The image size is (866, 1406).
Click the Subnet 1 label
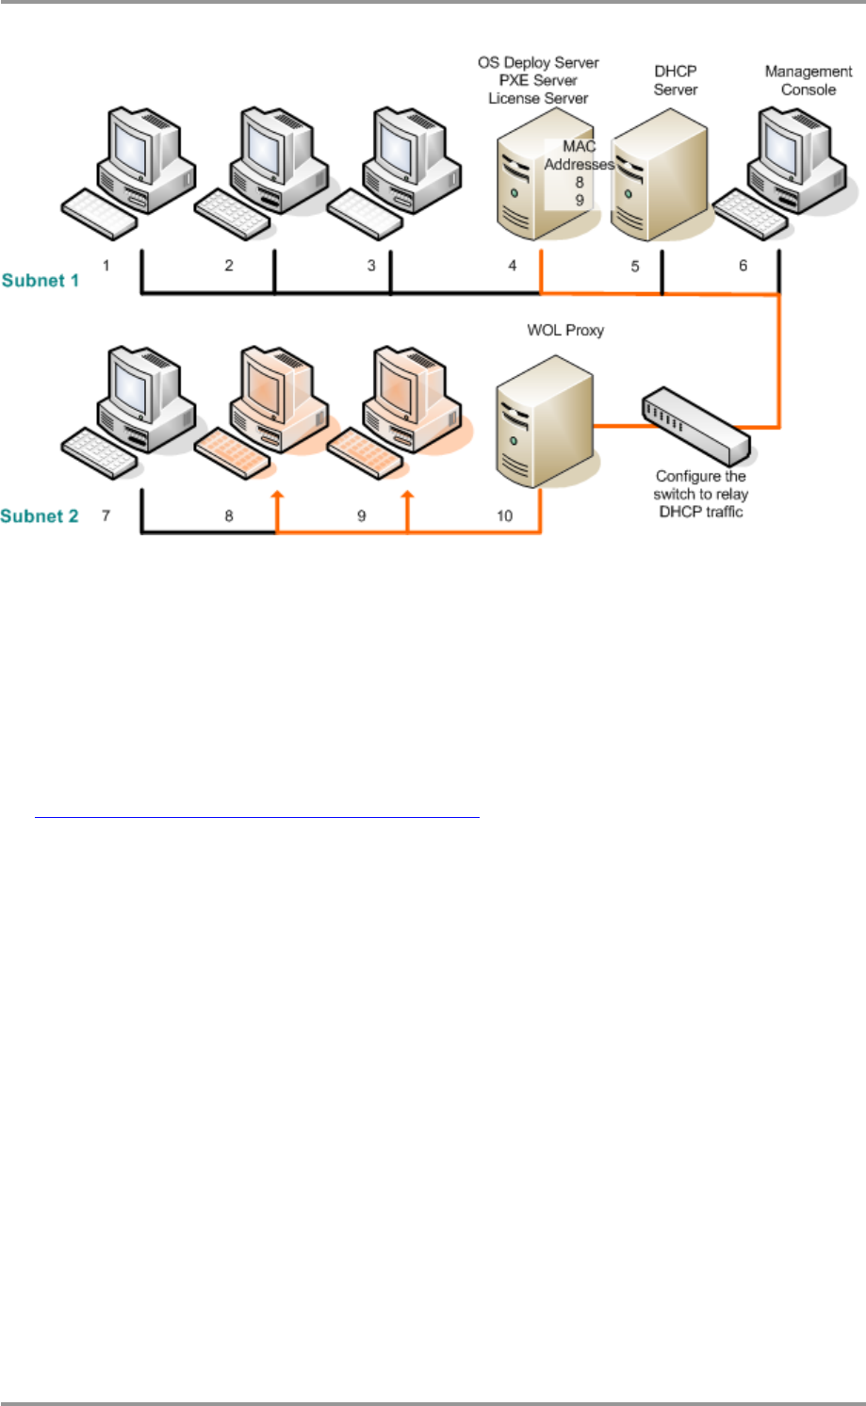(41, 280)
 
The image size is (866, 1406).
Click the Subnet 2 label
(41, 516)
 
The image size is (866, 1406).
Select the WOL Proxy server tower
(545, 418)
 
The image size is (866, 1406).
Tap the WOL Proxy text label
(565, 331)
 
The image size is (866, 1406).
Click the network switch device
(695, 421)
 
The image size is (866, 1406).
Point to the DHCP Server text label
(676, 81)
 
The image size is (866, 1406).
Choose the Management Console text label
(809, 81)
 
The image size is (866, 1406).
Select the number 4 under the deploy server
(513, 266)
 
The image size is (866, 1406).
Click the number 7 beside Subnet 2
(106, 516)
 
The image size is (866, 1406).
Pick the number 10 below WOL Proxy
(505, 516)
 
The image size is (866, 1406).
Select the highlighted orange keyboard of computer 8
(235, 453)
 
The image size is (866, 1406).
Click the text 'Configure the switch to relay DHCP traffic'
(700, 494)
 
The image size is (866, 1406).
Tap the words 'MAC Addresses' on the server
(579, 155)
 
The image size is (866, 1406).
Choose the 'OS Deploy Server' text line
(538, 63)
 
